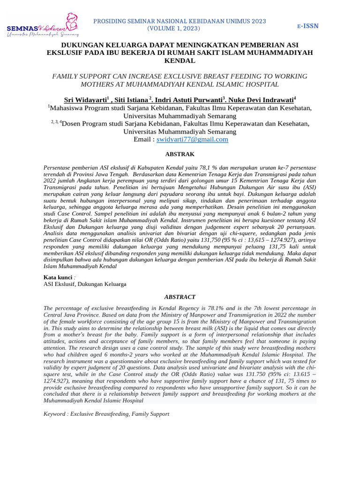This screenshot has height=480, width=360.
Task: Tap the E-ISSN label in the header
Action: click(x=308, y=25)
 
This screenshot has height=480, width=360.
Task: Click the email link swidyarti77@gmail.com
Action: click(x=192, y=139)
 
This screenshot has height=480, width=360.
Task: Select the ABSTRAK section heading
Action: click(x=180, y=154)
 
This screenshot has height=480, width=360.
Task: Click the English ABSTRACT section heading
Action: click(x=180, y=297)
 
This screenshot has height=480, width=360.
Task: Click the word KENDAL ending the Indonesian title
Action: click(x=180, y=61)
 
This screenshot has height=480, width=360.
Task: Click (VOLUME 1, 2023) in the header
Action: click(x=174, y=29)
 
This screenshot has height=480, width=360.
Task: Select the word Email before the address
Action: click(x=142, y=139)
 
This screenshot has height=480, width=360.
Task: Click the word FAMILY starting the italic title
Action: click(x=68, y=76)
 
